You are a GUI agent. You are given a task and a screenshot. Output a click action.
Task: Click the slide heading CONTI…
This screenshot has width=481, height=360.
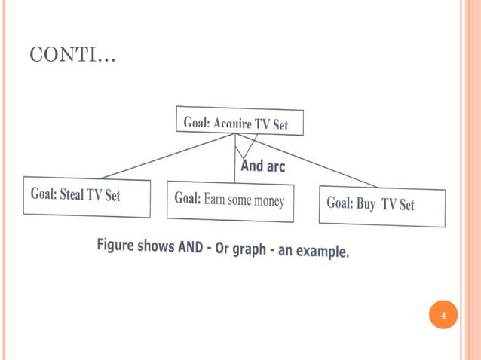click(72, 56)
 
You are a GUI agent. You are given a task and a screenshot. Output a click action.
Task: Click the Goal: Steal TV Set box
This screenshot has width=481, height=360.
click(87, 196)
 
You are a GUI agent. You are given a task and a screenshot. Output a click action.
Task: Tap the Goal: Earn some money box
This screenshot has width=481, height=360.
click(230, 200)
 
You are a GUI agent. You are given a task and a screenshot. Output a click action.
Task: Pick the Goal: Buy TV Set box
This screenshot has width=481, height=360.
click(381, 205)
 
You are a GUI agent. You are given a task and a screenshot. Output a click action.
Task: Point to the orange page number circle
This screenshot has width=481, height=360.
click(443, 314)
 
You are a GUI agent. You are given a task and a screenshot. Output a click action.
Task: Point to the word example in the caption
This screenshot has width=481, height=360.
click(321, 251)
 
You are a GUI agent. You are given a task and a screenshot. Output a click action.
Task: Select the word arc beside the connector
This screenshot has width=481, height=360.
click(274, 166)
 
